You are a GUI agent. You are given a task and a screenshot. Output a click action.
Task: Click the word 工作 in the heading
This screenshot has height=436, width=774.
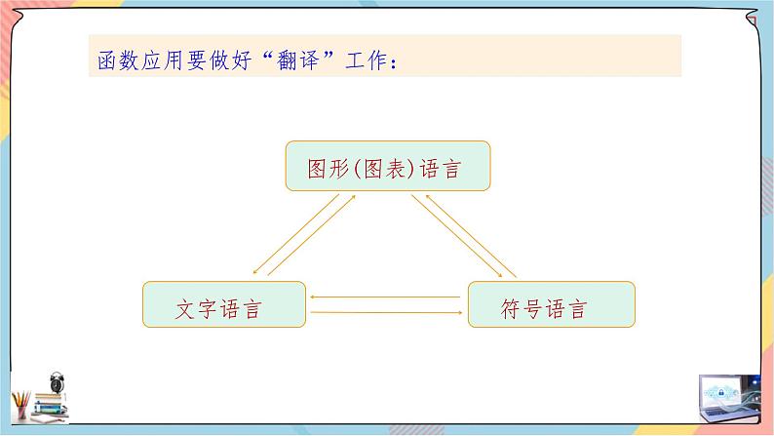[x=366, y=60]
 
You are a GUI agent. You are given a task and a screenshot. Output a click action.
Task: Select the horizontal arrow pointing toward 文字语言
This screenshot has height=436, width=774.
[x=385, y=295]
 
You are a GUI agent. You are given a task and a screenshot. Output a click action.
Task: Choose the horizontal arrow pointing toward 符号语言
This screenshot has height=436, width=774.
[x=385, y=312]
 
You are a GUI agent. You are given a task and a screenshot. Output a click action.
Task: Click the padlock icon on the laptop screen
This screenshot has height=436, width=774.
[x=727, y=389]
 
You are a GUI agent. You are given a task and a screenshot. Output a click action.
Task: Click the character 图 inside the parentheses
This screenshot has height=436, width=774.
[x=369, y=170]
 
